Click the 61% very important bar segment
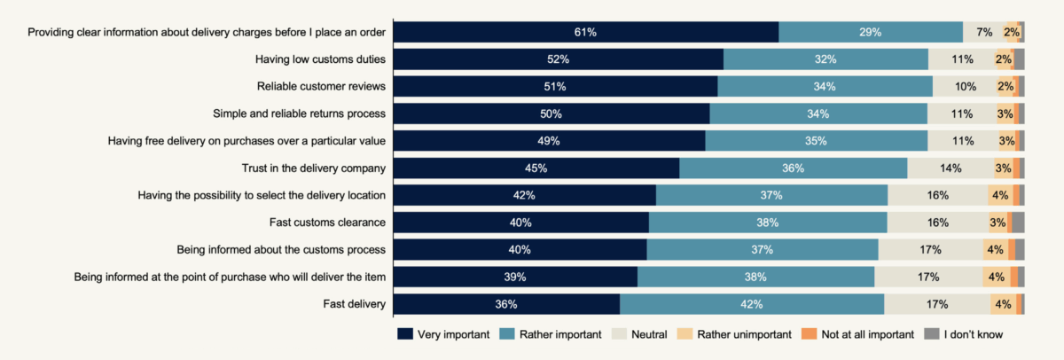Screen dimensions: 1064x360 (586, 32)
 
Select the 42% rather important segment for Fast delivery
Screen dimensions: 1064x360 (752, 304)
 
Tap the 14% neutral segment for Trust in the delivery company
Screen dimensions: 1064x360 (951, 168)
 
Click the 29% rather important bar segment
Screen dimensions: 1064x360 (871, 32)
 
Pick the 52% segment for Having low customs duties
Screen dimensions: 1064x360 (559, 59)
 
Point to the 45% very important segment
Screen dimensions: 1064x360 (536, 168)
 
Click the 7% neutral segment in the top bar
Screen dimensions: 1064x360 (985, 32)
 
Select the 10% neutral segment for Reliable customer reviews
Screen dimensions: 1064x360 (966, 86)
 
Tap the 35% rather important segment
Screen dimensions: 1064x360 (817, 141)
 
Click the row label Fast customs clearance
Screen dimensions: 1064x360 (327, 223)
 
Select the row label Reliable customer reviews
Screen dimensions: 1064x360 (321, 86)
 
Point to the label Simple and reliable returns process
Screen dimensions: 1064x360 (300, 114)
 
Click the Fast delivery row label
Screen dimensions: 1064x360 (355, 304)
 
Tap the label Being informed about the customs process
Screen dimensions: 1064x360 (281, 250)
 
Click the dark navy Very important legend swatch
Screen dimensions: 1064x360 (405, 334)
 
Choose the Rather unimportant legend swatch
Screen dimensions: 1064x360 (685, 334)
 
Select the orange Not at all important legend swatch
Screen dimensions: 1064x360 (809, 334)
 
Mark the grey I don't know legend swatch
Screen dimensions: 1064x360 (932, 334)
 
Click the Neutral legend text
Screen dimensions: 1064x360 (649, 334)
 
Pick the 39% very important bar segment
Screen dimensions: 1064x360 (515, 277)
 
